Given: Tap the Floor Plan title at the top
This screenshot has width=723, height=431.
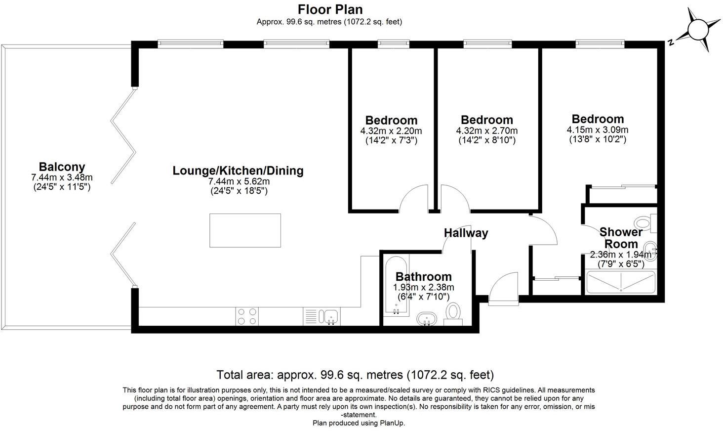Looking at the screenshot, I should click(330, 9).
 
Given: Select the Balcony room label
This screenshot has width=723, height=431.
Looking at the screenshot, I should click(62, 167).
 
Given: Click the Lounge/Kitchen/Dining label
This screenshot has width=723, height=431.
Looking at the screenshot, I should click(238, 171).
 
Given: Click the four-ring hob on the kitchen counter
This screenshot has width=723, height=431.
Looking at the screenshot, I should click(247, 316).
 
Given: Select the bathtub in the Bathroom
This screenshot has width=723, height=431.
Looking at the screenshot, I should click(396, 287).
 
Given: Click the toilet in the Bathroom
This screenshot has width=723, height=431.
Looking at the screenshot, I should click(453, 313).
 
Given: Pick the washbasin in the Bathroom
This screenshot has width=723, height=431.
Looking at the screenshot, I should click(426, 318).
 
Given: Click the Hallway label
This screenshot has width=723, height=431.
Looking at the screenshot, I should click(466, 233).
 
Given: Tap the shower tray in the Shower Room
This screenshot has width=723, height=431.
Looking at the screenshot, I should click(620, 282).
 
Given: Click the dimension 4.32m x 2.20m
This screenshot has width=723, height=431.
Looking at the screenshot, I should click(391, 131).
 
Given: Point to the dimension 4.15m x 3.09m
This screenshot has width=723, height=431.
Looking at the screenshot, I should click(598, 129).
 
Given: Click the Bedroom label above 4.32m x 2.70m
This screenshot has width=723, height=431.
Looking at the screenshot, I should click(486, 120).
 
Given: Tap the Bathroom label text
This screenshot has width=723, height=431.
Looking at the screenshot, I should click(423, 277).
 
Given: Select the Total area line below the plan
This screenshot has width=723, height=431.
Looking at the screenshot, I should click(355, 374).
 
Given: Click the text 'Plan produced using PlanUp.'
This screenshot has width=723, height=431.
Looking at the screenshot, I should click(359, 423).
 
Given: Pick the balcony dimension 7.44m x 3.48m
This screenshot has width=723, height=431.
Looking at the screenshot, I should click(62, 177).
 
